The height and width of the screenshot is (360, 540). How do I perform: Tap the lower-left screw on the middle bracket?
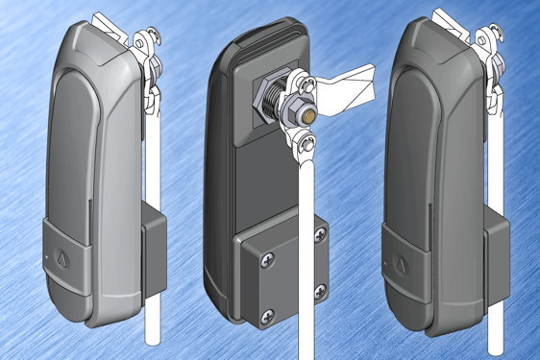point(268,310)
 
